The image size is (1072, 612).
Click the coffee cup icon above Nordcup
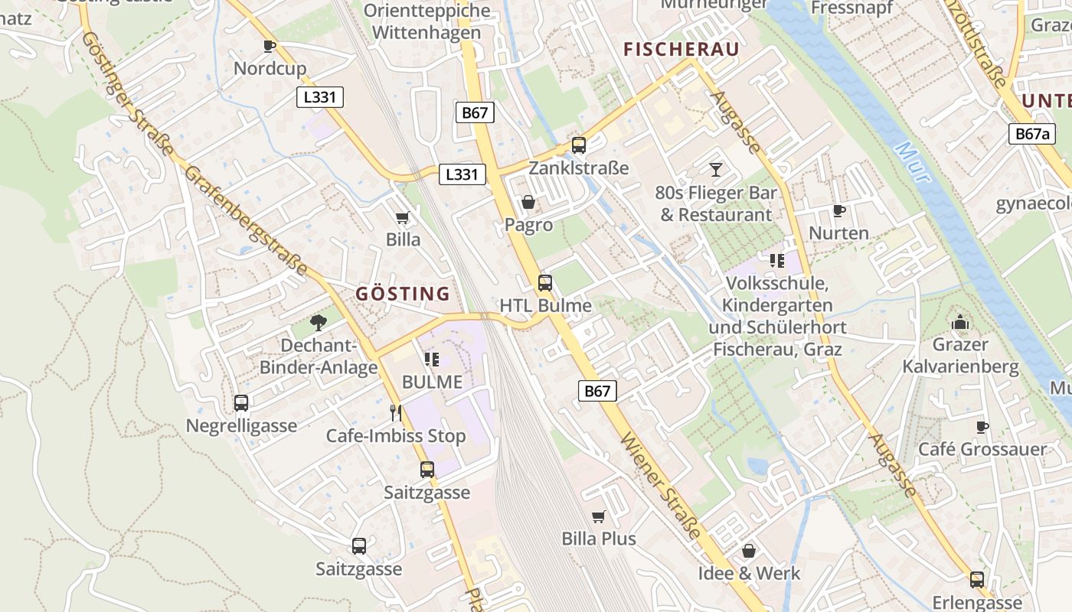(269, 46)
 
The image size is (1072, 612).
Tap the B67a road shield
(1031, 134)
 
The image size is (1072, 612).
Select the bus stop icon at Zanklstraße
(579, 145)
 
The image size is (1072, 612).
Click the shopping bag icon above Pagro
(528, 202)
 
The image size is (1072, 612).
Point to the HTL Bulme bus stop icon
(545, 282)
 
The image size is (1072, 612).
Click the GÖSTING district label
(403, 294)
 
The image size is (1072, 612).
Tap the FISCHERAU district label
(681, 50)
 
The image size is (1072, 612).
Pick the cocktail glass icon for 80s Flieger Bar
(716, 169)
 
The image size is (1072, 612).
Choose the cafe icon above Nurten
(838, 210)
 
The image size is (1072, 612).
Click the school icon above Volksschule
(777, 261)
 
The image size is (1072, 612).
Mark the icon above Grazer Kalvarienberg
(960, 321)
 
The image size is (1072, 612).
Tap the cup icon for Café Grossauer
(982, 427)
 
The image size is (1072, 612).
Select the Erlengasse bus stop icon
(977, 579)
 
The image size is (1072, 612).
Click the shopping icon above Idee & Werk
(749, 551)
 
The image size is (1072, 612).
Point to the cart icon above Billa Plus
(599, 516)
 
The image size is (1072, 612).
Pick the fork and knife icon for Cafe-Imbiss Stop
(396, 413)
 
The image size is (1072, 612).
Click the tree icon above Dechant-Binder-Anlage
(319, 323)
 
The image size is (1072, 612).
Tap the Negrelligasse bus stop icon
(241, 402)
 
